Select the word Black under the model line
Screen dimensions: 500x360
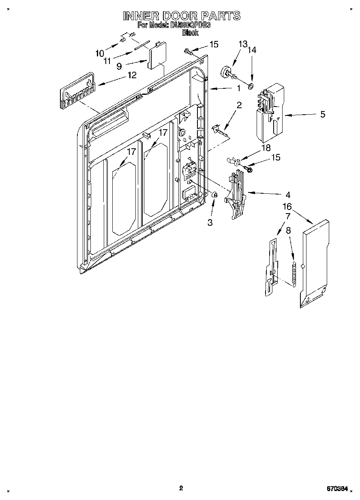190,33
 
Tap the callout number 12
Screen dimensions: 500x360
132,75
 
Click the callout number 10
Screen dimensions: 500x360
100,53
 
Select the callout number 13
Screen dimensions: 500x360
242,44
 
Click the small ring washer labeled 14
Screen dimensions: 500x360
251,86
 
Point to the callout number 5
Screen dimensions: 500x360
323,114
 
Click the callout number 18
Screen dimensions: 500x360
266,148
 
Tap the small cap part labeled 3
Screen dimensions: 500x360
215,195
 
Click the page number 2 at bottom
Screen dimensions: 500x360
181,488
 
